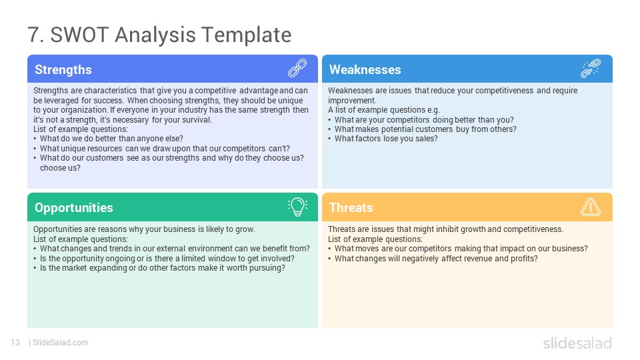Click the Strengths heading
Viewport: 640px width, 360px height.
coord(63,70)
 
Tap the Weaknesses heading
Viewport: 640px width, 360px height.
coord(365,70)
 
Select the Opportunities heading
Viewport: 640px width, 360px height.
coord(73,208)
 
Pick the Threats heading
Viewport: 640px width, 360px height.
coord(351,208)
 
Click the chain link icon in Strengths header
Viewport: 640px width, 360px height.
coord(297,68)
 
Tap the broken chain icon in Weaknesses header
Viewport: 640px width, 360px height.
coord(590,68)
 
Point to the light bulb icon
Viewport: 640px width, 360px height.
coord(297,207)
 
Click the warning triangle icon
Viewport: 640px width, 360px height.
coord(590,207)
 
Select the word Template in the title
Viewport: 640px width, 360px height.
coord(247,35)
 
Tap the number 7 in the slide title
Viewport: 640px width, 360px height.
coord(33,35)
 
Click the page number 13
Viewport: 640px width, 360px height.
coord(15,343)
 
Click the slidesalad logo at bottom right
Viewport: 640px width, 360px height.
coord(577,343)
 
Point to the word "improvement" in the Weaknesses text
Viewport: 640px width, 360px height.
coord(351,101)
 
